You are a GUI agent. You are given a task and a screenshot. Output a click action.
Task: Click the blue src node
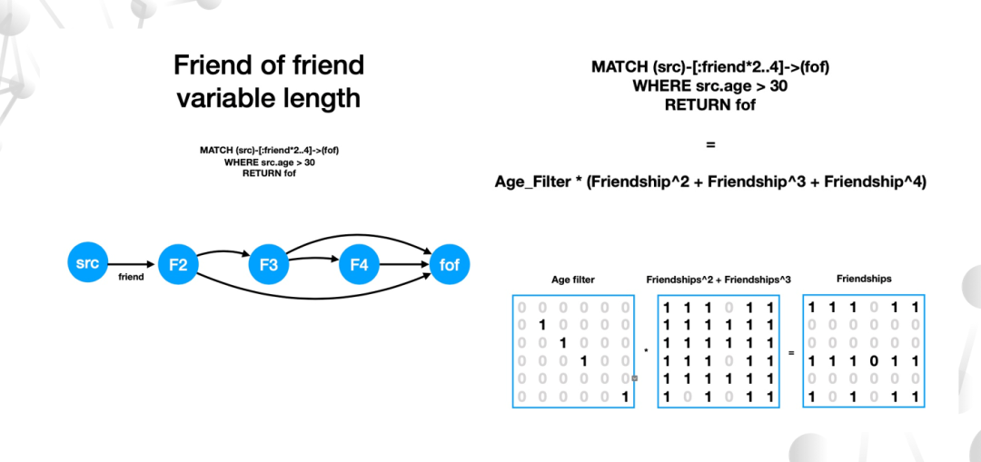pos(87,263)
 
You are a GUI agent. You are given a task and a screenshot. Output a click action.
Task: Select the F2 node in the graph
pos(178,265)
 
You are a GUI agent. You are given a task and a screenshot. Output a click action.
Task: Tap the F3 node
pos(269,265)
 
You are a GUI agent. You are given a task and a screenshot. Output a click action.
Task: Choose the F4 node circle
pos(360,265)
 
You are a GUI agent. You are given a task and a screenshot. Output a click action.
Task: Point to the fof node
pos(450,265)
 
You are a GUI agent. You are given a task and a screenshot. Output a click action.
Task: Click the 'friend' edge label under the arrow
pos(132,277)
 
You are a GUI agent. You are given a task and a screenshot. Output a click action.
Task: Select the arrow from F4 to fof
pos(404,265)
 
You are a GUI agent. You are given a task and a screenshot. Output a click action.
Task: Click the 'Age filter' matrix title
pos(573,280)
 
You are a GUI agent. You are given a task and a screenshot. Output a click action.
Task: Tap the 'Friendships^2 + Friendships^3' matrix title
pos(718,280)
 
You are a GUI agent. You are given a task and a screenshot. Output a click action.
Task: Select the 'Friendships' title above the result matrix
pos(864,279)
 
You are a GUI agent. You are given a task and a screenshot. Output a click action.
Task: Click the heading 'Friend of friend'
pos(269,65)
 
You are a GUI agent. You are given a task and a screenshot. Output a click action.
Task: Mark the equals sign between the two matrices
pos(791,351)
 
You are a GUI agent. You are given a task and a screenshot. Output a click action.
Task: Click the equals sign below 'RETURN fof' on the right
pos(710,144)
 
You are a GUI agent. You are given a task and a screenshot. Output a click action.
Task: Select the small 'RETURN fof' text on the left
pos(269,173)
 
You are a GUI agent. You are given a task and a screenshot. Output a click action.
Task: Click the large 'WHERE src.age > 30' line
pos(710,85)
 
